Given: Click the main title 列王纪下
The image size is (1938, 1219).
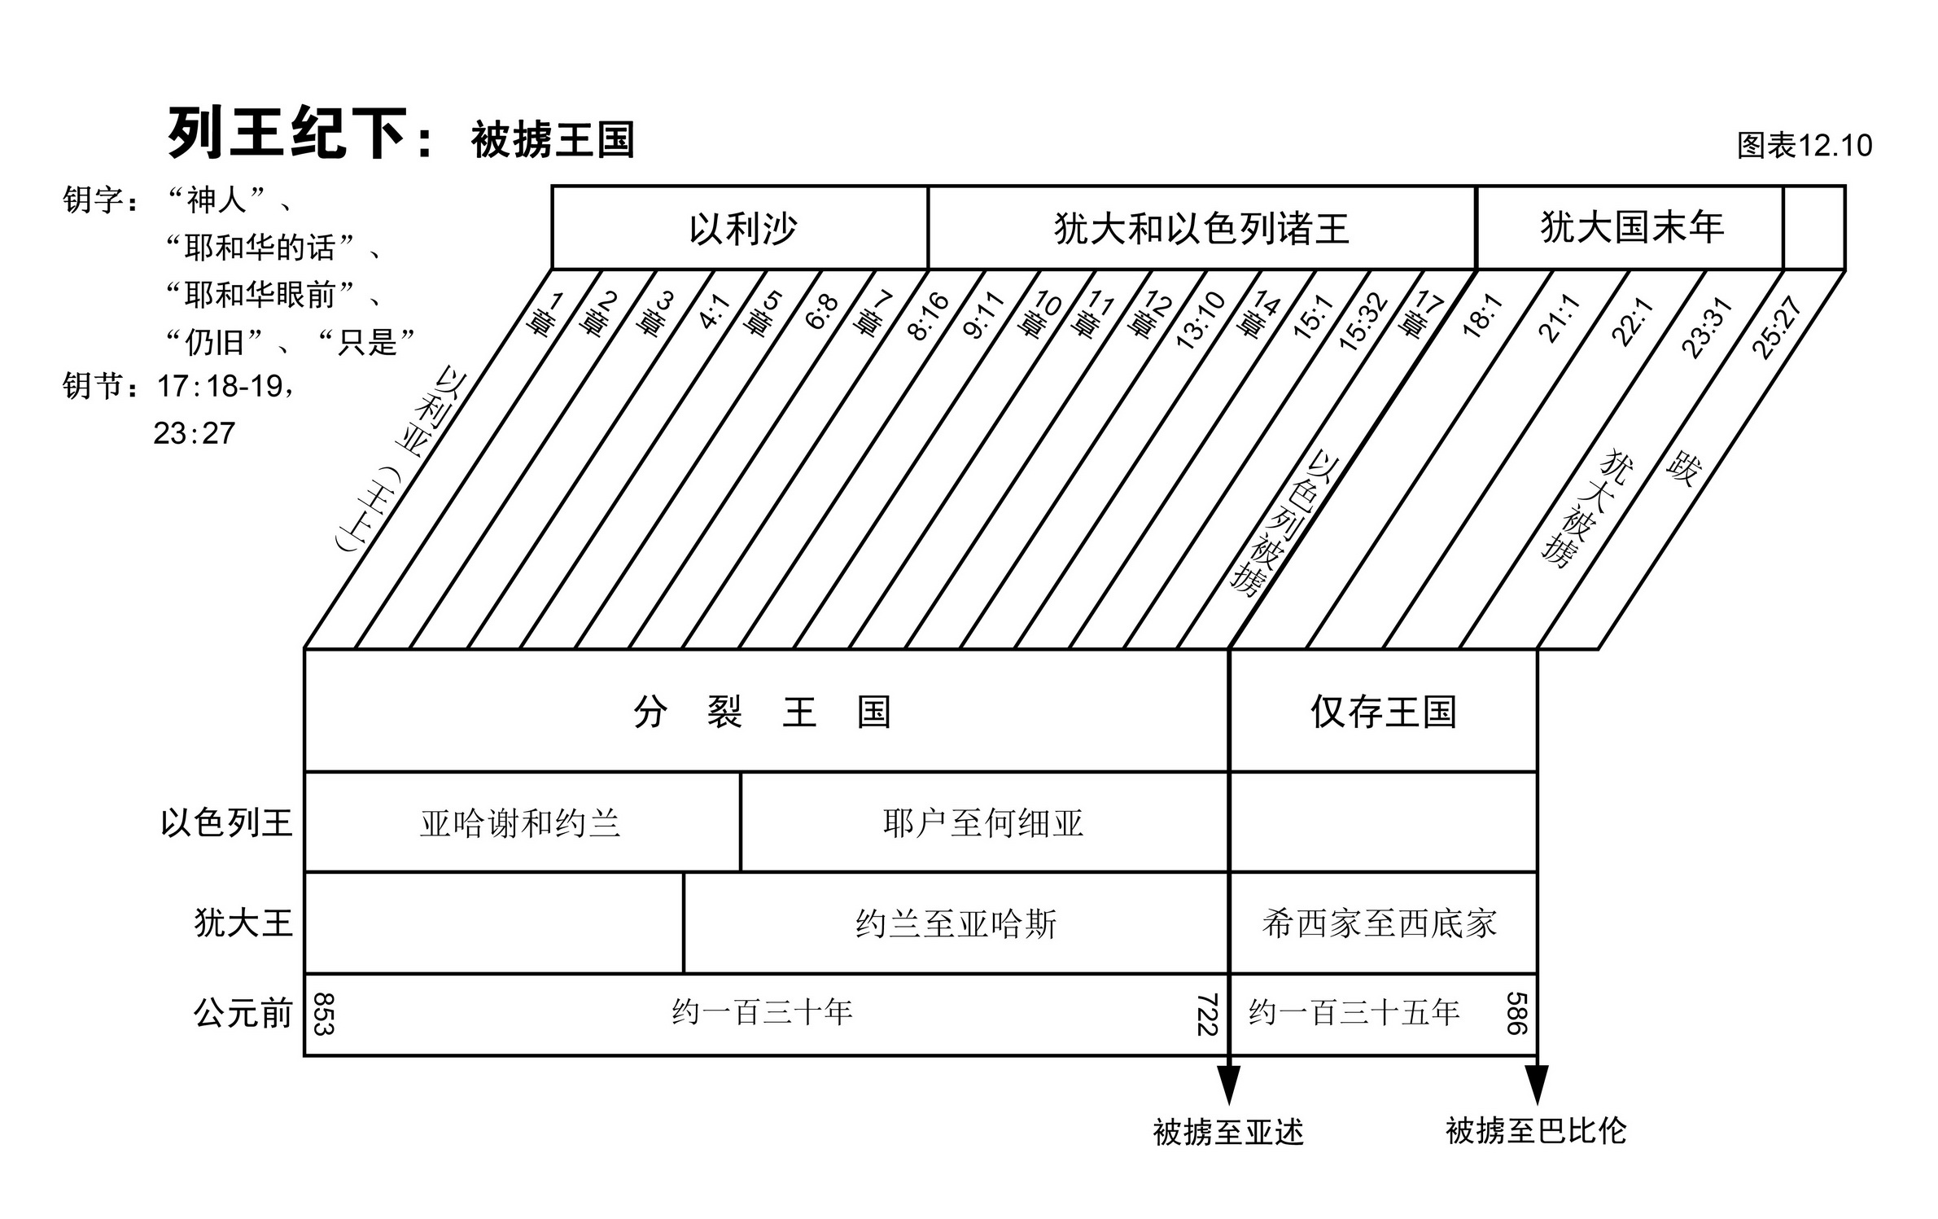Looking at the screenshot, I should [x=287, y=133].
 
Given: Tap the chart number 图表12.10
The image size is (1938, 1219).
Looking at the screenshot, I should [x=1804, y=146].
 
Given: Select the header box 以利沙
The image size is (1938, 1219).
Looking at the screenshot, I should [x=742, y=228].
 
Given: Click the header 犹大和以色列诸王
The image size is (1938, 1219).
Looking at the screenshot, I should [x=1201, y=228].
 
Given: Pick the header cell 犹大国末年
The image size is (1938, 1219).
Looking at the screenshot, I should [x=1631, y=227].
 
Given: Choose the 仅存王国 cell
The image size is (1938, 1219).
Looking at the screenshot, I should [x=1382, y=712].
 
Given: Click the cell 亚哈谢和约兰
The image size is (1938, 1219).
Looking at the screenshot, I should [x=520, y=823].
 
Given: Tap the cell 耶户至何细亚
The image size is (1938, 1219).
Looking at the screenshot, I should [x=982, y=823].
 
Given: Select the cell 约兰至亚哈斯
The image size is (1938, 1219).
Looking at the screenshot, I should [x=956, y=924].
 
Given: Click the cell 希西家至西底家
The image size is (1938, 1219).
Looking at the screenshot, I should [x=1380, y=923].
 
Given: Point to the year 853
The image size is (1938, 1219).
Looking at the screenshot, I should [x=324, y=1014].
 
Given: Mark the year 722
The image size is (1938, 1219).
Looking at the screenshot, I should [x=1206, y=1014].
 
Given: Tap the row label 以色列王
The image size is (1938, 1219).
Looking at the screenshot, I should [x=226, y=822].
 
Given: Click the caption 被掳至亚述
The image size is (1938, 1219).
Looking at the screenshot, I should [x=1227, y=1132].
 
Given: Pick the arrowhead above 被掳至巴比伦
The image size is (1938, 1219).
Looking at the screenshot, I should [x=1537, y=1084].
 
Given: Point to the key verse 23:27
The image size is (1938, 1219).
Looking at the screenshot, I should [x=195, y=433].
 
